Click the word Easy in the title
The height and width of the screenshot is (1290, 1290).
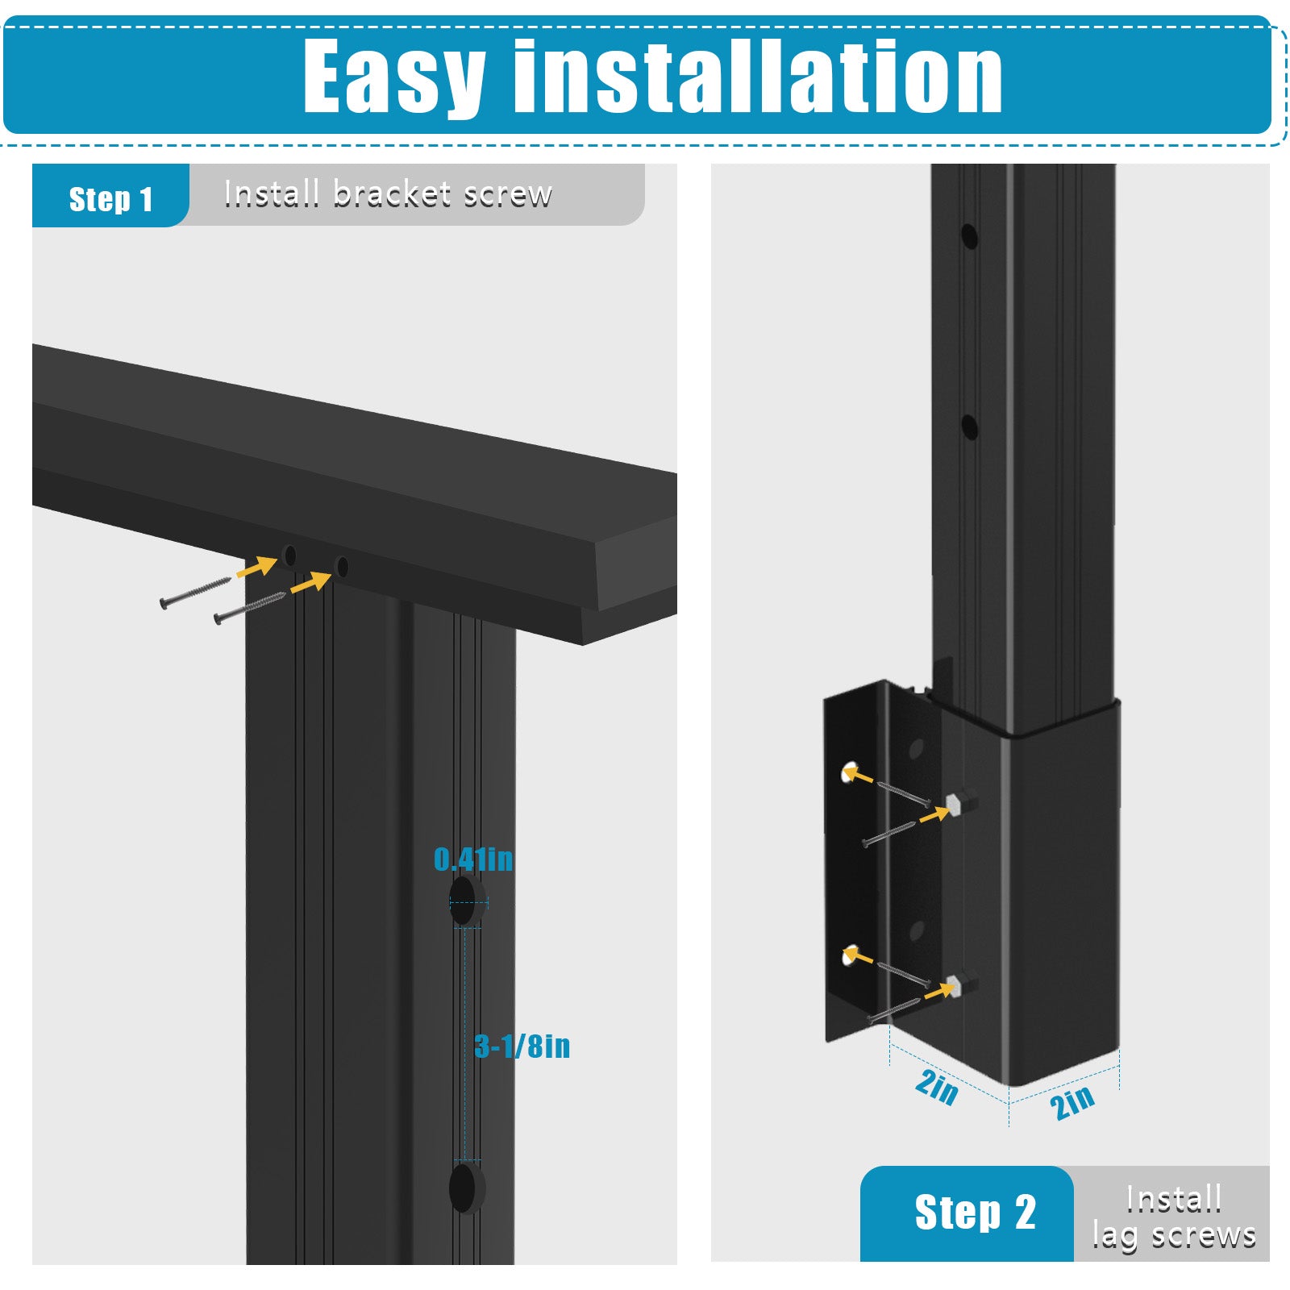(394, 77)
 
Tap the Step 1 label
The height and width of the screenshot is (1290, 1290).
(110, 199)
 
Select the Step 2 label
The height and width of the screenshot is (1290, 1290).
(975, 1213)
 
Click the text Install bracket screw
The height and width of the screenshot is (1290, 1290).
(388, 194)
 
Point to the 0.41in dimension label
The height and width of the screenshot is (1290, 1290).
(473, 859)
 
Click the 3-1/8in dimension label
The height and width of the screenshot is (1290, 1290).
(522, 1047)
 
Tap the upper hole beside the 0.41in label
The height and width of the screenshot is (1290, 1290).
(465, 901)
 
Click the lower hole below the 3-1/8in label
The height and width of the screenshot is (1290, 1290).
(466, 1187)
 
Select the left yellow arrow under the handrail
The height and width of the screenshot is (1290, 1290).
(256, 567)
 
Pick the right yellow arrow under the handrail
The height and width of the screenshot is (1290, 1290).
(310, 583)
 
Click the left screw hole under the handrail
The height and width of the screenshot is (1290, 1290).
(290, 555)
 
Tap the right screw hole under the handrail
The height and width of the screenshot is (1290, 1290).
(342, 567)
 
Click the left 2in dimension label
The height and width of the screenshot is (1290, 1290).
(937, 1087)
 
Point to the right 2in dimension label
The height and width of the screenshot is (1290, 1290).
(1073, 1101)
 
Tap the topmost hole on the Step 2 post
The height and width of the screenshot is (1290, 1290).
(970, 236)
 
